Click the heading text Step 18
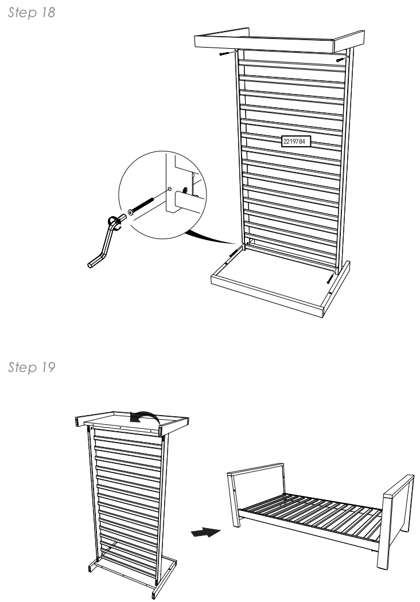point(32,13)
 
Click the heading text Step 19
point(32,368)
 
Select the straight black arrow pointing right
point(205,533)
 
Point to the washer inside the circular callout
point(131,213)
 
